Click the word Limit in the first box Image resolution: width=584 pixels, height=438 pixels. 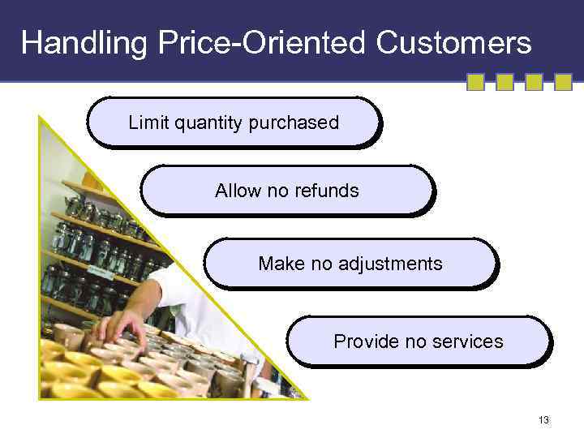pos(147,122)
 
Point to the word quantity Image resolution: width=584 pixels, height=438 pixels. pos(206,123)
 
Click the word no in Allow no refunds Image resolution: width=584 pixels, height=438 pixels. pos(277,191)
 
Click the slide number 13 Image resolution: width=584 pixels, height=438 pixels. pos(543,420)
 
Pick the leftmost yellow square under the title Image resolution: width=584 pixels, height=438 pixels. pos(475,82)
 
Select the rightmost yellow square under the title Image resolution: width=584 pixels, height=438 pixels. pos(563,82)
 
